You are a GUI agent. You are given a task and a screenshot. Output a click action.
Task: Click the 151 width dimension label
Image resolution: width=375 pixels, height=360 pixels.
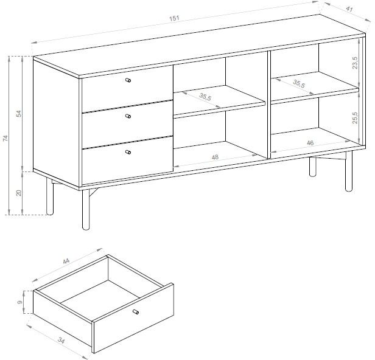174,18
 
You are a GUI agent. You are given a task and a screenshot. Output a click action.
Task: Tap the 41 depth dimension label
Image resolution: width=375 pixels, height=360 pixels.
349,9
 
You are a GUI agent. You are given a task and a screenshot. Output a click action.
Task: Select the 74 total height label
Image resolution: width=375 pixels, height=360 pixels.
5,138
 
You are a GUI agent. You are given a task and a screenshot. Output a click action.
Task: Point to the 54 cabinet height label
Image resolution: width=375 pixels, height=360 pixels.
19,114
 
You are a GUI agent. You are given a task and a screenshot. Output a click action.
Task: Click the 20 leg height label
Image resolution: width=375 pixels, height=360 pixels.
19,193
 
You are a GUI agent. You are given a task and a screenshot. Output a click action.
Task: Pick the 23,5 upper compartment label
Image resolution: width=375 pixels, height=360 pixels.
355,63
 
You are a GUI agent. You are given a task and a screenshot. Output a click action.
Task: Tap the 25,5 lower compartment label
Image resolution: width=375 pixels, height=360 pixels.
355,117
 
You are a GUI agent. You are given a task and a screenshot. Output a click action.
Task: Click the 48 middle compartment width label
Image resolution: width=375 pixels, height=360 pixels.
215,157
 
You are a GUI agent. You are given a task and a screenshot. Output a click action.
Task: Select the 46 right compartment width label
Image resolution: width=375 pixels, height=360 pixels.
310,143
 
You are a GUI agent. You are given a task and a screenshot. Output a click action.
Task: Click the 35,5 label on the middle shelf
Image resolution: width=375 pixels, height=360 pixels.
205,97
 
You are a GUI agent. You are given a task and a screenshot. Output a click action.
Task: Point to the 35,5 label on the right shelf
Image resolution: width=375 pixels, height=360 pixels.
299,83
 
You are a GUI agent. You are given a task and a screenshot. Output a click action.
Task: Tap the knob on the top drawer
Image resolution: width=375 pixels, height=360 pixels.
128,80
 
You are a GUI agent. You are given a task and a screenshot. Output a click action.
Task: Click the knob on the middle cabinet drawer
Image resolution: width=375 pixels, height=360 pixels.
128,116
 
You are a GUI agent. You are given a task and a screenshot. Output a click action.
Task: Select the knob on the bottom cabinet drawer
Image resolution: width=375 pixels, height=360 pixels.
128,152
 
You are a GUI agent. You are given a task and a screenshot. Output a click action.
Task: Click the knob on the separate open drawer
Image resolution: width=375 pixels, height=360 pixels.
136,312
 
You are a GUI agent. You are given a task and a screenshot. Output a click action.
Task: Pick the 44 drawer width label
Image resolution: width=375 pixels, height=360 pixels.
66,261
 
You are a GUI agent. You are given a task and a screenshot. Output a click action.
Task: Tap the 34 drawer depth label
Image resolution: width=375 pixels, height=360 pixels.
61,341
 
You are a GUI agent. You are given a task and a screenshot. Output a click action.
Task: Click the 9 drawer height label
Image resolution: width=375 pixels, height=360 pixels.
20,302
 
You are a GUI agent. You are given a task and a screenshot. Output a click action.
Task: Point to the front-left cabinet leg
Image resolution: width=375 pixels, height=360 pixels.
86,210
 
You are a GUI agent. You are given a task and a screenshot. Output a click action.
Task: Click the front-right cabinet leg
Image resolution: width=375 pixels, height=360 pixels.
349,171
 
